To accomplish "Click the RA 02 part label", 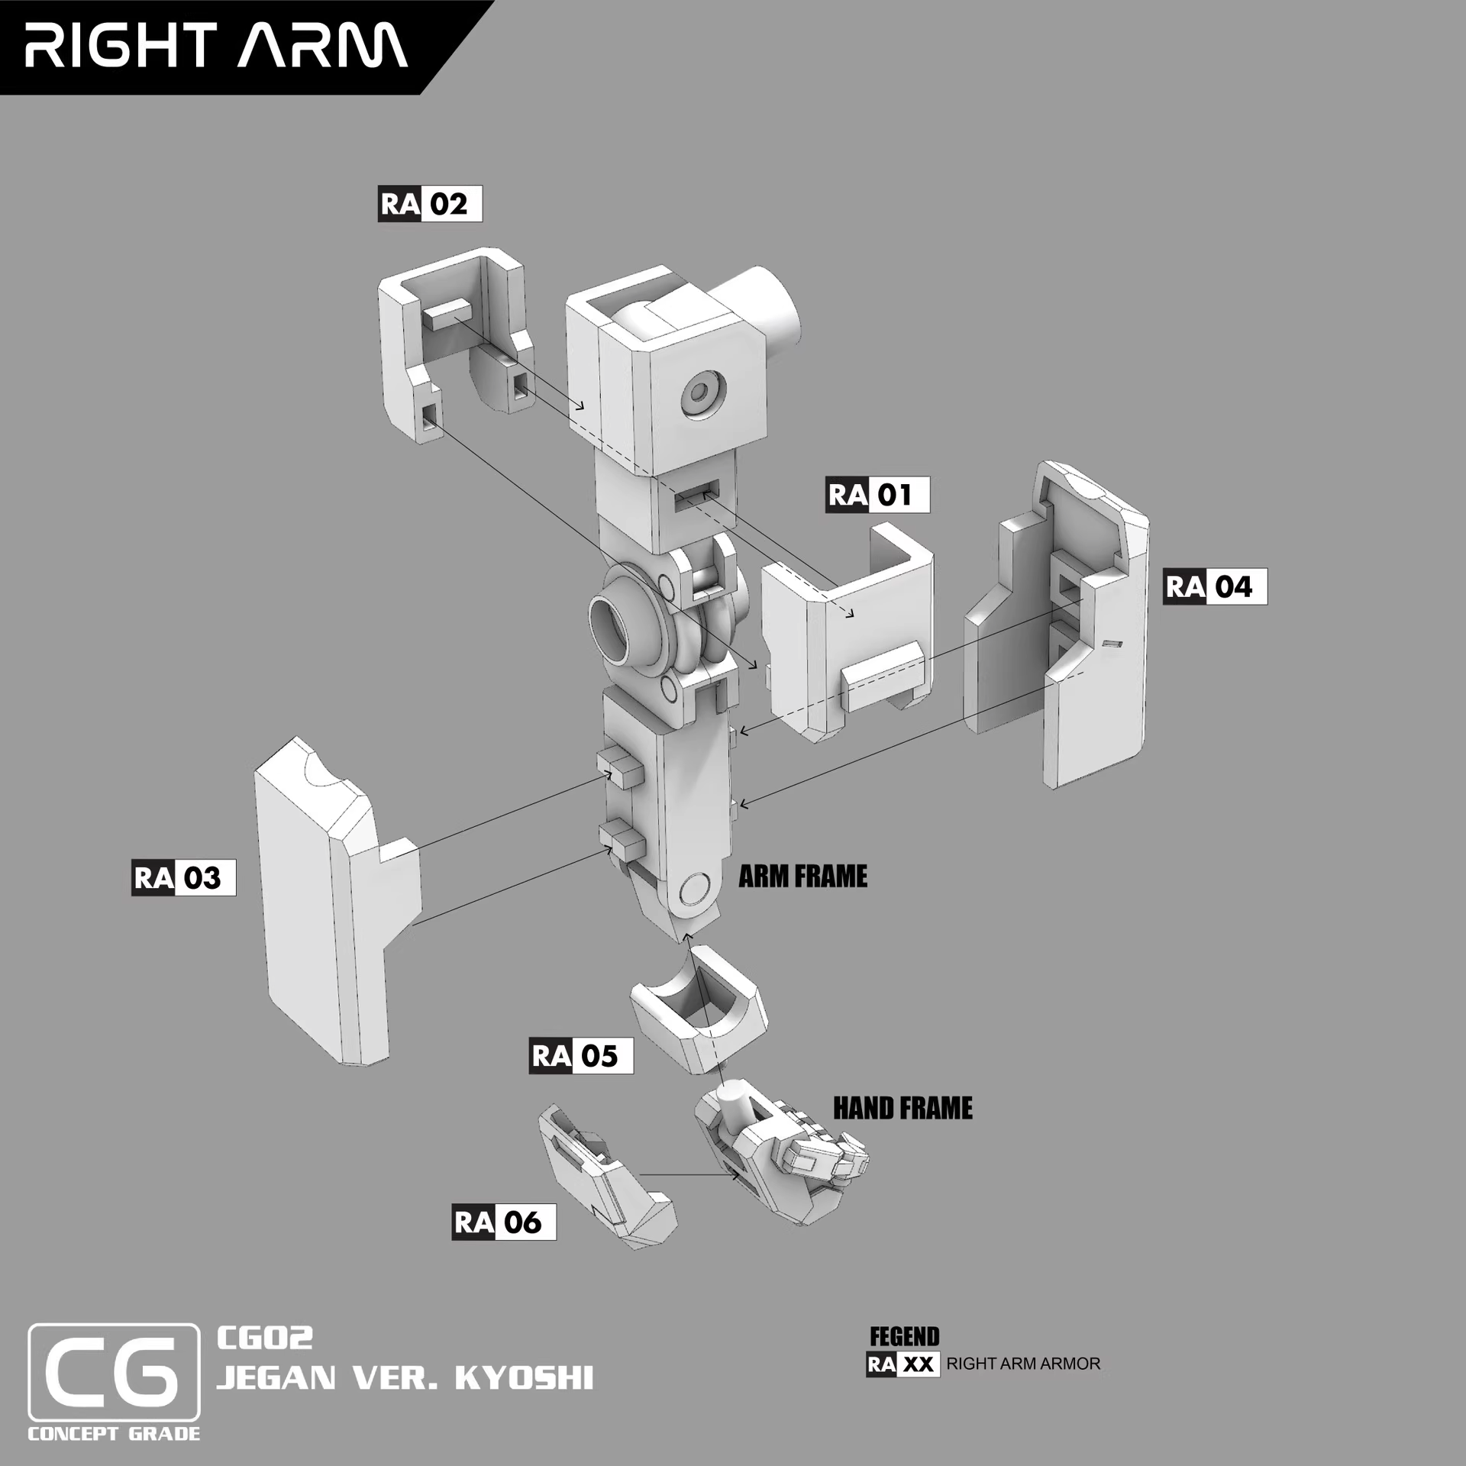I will (430, 204).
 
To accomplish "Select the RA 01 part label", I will (877, 495).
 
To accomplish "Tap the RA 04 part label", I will (1214, 586).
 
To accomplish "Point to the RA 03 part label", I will (183, 877).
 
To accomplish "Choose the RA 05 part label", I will (580, 1056).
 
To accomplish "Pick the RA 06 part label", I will (503, 1222).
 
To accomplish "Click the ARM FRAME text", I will (802, 876).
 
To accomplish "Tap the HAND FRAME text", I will (903, 1108).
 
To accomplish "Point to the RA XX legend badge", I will (902, 1364).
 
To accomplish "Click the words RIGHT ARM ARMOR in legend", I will (1023, 1364).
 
